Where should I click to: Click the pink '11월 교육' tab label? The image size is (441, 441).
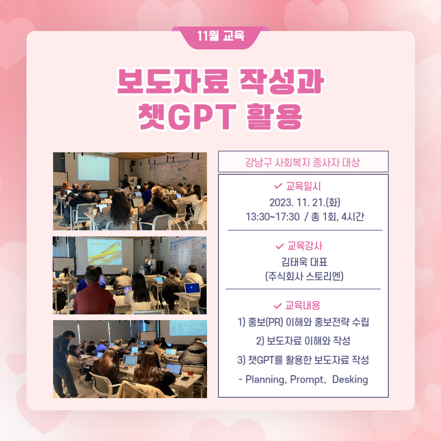220,36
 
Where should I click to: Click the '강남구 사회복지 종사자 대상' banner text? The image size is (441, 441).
303,162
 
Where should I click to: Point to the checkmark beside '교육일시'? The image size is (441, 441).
278,186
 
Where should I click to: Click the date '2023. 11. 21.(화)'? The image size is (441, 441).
305,202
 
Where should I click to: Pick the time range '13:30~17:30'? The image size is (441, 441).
272,217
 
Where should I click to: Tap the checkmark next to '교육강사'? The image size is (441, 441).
280,246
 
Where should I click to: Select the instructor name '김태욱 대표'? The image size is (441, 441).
304,262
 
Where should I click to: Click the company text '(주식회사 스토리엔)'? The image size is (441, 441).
304,276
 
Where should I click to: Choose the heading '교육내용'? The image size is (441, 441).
303,305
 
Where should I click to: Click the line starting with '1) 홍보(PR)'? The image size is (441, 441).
303,322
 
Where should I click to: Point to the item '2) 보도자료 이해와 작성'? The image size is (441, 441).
303,341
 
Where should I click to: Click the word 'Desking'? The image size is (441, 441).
350,379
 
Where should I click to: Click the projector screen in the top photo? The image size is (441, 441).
94,168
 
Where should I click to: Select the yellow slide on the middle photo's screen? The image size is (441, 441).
105,252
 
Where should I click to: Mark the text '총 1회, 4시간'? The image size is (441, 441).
338,217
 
